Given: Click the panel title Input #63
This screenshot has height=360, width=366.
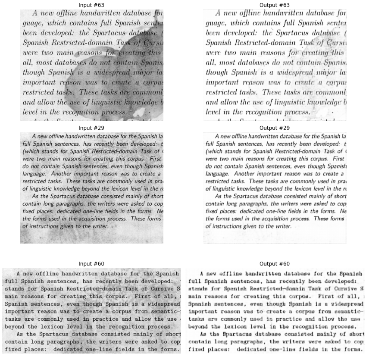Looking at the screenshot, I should point(91,5).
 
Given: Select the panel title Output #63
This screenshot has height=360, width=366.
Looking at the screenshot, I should point(275,5).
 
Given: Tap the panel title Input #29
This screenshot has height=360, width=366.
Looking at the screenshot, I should point(91,128).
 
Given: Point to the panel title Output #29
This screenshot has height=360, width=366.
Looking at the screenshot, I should point(275,128).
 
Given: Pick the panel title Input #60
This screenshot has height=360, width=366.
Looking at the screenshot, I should point(91,263).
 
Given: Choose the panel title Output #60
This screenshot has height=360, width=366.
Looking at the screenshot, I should point(275,263).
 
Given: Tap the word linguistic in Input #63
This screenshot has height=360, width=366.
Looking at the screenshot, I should point(116,102).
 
